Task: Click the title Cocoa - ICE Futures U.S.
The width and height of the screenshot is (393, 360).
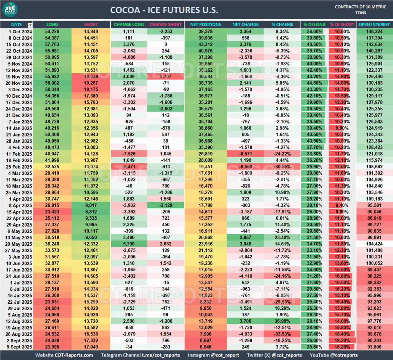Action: point(164,10)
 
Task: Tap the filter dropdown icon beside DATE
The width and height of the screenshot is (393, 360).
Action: point(30,25)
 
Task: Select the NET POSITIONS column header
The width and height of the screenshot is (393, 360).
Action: point(206,25)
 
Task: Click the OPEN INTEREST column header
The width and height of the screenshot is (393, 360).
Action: point(374,25)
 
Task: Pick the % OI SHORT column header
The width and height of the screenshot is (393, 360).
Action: point(342,25)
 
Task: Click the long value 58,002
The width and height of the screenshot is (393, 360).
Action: point(52,83)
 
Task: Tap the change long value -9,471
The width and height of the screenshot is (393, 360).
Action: point(129,168)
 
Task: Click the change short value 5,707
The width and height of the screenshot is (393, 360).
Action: point(165,77)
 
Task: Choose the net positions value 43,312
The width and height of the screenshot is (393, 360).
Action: point(205,44)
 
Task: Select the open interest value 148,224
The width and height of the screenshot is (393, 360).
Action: point(374,31)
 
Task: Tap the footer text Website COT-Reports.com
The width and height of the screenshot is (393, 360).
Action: point(64,355)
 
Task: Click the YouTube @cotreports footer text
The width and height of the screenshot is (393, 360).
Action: point(334,355)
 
